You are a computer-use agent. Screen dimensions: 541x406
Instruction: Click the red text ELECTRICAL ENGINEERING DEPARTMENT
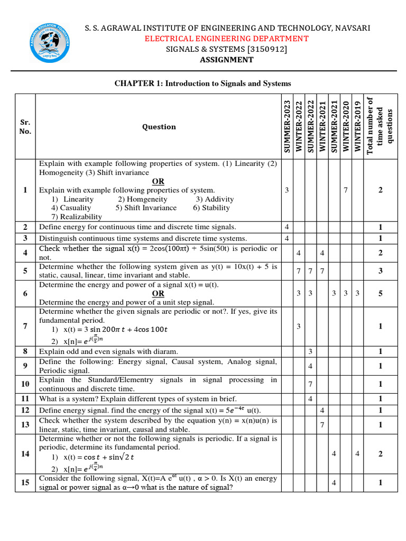(226, 39)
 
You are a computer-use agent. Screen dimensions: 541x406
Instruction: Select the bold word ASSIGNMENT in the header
(226, 60)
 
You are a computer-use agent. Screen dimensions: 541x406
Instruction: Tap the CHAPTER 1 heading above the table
(203, 83)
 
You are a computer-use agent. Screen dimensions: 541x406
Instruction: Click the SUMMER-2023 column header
(287, 127)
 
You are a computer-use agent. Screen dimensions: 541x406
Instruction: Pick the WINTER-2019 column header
(358, 127)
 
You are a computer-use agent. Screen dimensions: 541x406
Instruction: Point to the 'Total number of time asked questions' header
(380, 127)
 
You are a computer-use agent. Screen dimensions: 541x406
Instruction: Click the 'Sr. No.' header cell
(25, 127)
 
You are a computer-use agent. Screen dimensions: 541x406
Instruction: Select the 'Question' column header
(159, 127)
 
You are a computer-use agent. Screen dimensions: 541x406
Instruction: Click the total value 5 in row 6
(380, 293)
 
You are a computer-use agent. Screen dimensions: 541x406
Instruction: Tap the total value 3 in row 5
(380, 271)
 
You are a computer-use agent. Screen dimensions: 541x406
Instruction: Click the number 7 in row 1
(346, 190)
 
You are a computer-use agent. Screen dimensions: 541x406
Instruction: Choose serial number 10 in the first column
(25, 384)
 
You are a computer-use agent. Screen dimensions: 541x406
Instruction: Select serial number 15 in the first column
(25, 482)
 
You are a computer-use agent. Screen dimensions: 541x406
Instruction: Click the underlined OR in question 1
(158, 181)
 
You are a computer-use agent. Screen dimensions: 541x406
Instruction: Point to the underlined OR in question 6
(158, 293)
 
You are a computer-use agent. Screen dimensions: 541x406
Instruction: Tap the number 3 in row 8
(310, 351)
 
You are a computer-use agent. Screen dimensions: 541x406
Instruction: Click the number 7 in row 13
(322, 425)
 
